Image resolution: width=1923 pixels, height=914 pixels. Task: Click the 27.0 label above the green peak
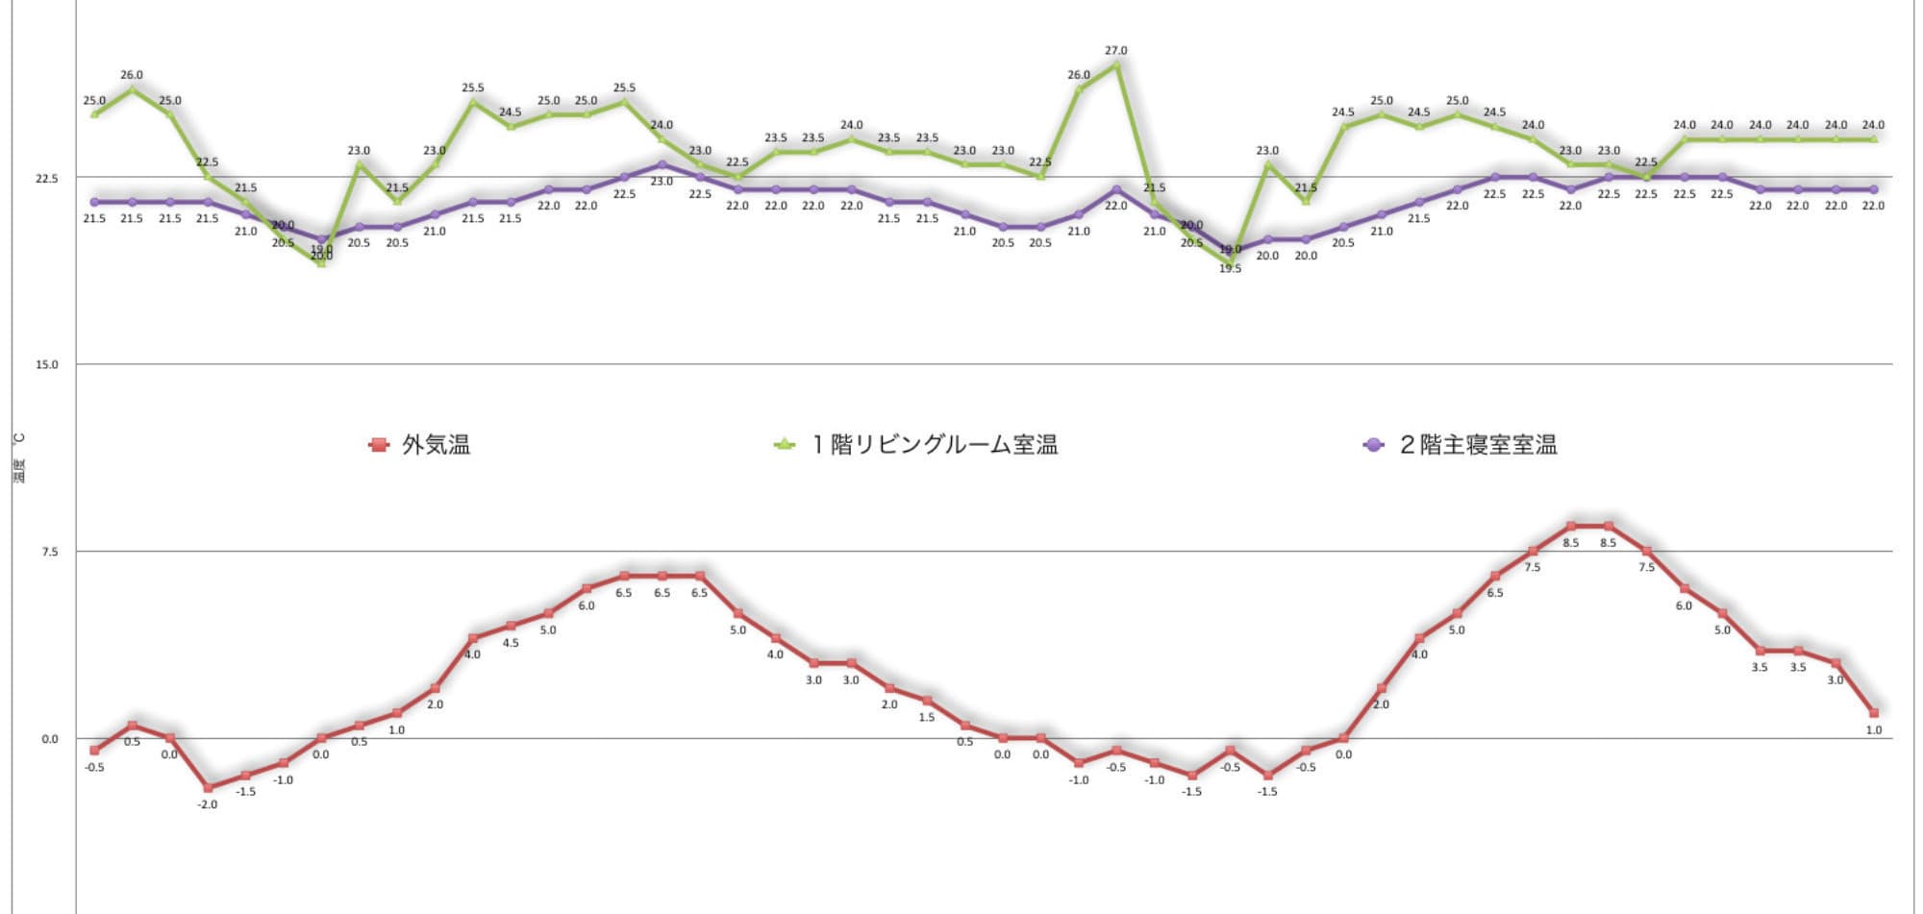[1115, 51]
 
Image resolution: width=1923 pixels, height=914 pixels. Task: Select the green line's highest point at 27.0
[1115, 64]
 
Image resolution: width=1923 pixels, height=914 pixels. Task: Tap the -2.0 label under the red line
[207, 804]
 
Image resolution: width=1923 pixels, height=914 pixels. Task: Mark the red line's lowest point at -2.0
[208, 788]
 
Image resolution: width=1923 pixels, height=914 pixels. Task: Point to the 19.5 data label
[1230, 269]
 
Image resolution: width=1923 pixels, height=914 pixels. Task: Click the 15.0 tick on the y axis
[46, 365]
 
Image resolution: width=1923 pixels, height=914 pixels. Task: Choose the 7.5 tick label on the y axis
[49, 552]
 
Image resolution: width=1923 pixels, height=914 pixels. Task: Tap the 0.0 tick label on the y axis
[49, 739]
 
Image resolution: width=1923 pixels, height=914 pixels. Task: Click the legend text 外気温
[437, 445]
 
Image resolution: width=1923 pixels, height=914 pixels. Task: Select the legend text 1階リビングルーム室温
[935, 445]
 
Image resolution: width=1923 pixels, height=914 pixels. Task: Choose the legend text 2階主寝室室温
[1478, 445]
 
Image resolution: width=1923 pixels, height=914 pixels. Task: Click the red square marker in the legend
[379, 445]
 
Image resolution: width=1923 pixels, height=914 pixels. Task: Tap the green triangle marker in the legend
[785, 445]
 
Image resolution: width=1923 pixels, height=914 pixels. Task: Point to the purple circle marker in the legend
[1374, 445]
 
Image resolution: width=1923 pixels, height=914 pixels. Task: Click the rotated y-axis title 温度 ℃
[19, 457]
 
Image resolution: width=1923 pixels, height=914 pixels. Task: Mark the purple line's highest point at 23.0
[662, 164]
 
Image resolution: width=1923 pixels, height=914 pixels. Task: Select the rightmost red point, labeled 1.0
[1873, 713]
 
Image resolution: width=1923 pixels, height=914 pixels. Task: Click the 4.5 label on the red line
[511, 643]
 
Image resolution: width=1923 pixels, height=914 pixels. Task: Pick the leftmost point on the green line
[94, 114]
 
